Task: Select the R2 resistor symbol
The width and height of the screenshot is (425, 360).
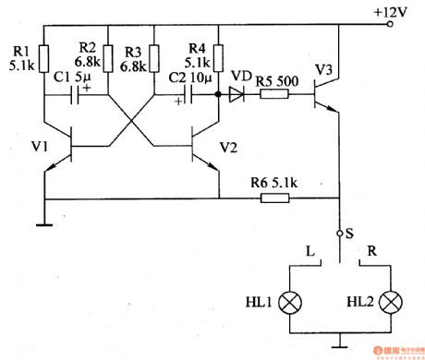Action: coord(107,58)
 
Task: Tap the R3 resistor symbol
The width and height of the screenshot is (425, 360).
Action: coord(154,58)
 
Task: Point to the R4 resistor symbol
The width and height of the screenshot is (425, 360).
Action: coord(218,58)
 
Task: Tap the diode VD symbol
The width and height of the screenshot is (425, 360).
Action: coord(240,94)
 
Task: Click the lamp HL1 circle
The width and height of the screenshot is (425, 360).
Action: coord(290,303)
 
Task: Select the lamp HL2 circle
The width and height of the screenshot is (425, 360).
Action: coord(392,303)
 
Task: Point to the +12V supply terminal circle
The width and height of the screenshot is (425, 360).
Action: coord(392,26)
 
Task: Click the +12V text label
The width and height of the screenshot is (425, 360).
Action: coord(389,10)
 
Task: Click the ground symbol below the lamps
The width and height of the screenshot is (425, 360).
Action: coord(341,345)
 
